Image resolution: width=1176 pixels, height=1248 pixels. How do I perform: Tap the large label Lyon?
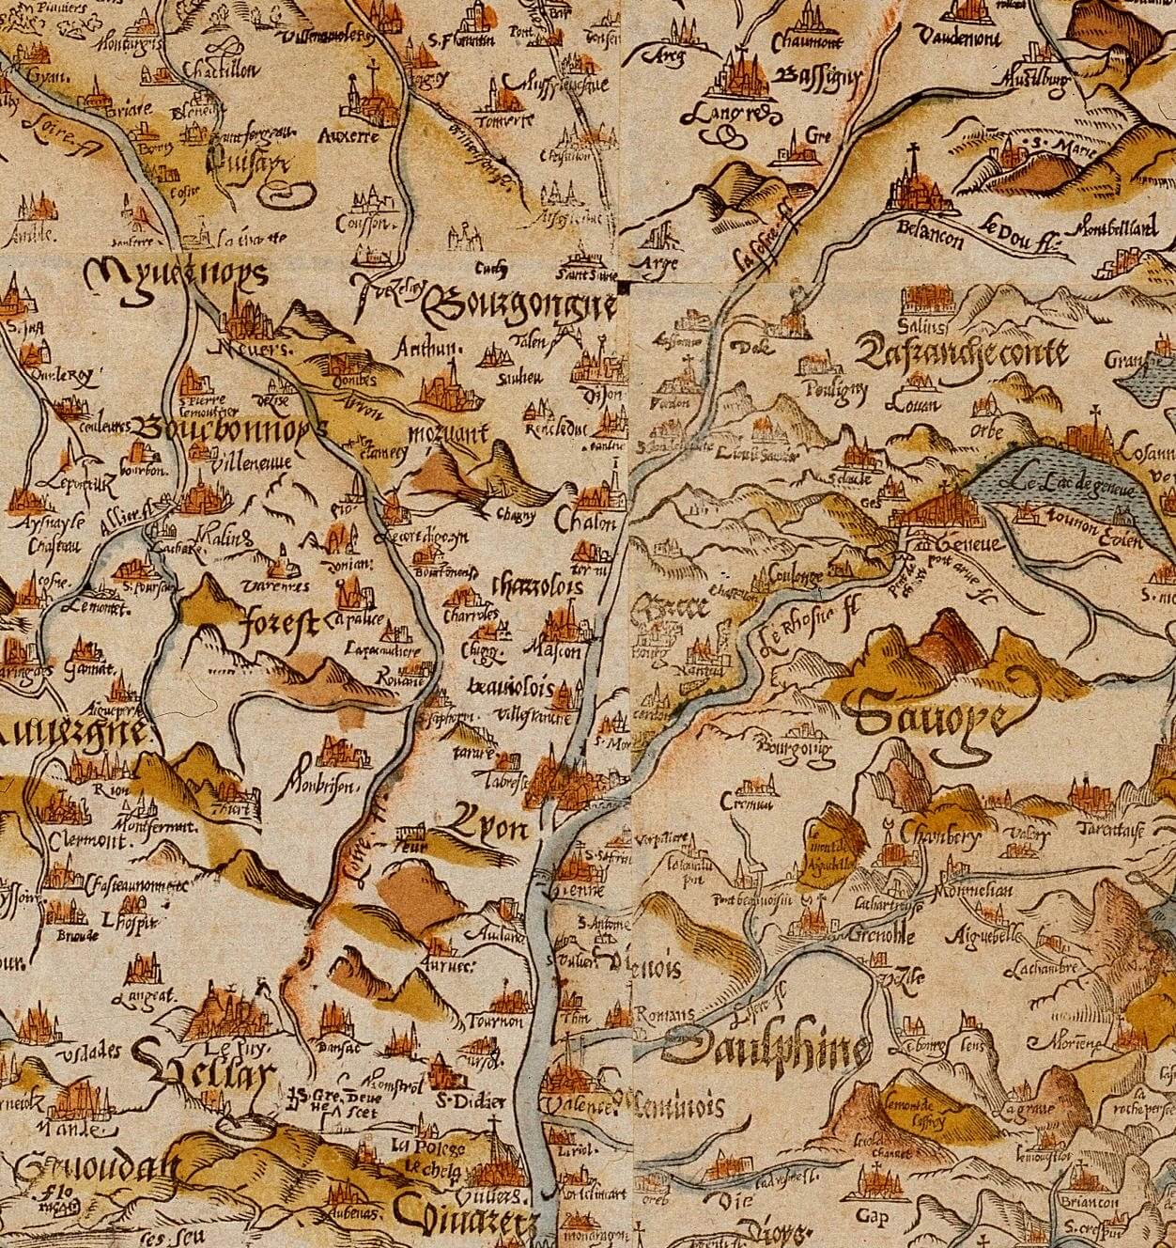[x=487, y=827]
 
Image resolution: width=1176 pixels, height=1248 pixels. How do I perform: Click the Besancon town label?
[x=929, y=236]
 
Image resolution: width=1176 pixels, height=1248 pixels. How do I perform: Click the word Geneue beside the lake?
[x=957, y=544]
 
